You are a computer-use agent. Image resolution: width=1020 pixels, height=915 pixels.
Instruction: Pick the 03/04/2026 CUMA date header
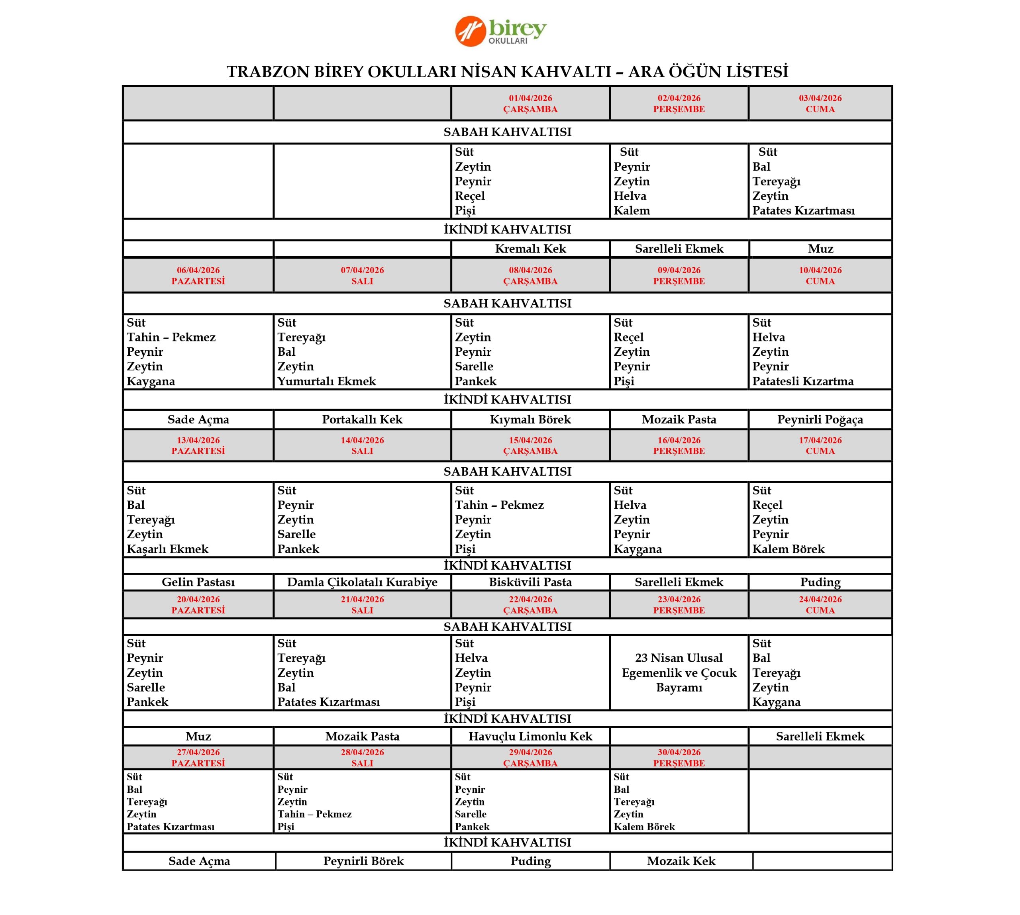[x=820, y=104]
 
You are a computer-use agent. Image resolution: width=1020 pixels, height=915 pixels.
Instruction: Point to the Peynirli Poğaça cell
[x=820, y=420]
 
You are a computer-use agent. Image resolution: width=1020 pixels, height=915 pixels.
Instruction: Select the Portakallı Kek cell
[x=362, y=420]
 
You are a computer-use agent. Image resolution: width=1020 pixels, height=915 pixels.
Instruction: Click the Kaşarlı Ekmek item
[x=167, y=549]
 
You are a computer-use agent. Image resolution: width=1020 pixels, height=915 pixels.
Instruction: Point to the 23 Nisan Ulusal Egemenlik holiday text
[x=679, y=673]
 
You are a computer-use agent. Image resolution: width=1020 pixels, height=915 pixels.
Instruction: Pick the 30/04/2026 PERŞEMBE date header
[x=679, y=758]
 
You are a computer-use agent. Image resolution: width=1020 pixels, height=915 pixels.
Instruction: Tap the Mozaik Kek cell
[x=681, y=861]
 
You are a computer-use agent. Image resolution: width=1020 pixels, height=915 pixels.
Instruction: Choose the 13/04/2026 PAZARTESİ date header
[x=198, y=445]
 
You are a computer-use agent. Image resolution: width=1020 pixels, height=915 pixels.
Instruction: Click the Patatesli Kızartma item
[x=803, y=382]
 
